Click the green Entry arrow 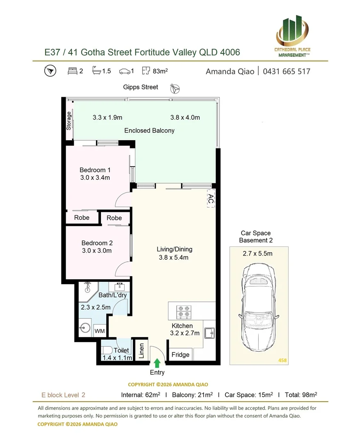click(x=157, y=363)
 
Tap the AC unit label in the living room click(x=211, y=199)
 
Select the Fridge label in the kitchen click(x=180, y=354)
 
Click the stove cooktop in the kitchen click(x=184, y=311)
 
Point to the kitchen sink click(x=209, y=333)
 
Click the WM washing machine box click(x=99, y=331)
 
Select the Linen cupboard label click(x=141, y=351)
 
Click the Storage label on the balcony click(x=68, y=121)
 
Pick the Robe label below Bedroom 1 click(x=82, y=217)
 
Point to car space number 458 click(x=283, y=360)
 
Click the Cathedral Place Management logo click(x=292, y=36)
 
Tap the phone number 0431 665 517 click(x=287, y=71)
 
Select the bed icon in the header click(x=72, y=71)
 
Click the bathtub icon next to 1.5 click(x=96, y=71)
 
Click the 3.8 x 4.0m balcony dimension click(x=185, y=118)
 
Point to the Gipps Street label click(x=141, y=87)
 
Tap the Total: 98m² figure click(x=301, y=395)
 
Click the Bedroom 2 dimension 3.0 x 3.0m click(x=97, y=251)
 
